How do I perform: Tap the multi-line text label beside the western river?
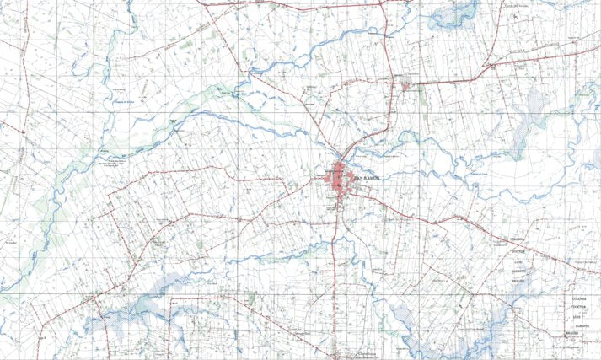[115, 159]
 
